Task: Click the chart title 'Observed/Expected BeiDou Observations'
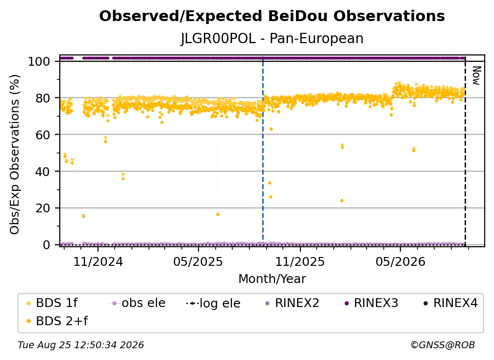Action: click(x=272, y=16)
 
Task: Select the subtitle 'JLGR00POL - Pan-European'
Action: click(x=272, y=38)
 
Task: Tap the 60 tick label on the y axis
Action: click(x=43, y=134)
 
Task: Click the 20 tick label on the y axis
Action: click(x=43, y=208)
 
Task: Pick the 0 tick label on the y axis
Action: click(x=46, y=245)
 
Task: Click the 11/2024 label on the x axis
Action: click(x=98, y=261)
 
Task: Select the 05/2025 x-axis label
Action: click(x=198, y=261)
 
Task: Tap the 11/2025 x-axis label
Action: click(x=300, y=261)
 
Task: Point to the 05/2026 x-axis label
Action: click(x=400, y=261)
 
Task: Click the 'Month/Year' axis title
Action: click(x=272, y=279)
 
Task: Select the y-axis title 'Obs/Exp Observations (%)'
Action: click(x=15, y=154)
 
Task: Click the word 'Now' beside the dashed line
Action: click(x=476, y=76)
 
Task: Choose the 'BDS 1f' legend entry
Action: click(x=52, y=303)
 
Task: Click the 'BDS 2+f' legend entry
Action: click(x=57, y=321)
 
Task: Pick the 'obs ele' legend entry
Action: click(x=137, y=303)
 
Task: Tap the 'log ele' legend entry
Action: click(x=213, y=303)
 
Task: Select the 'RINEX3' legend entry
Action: click(x=371, y=303)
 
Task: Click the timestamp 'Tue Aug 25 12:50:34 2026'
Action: click(x=81, y=345)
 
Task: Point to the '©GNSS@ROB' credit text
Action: click(x=443, y=345)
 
